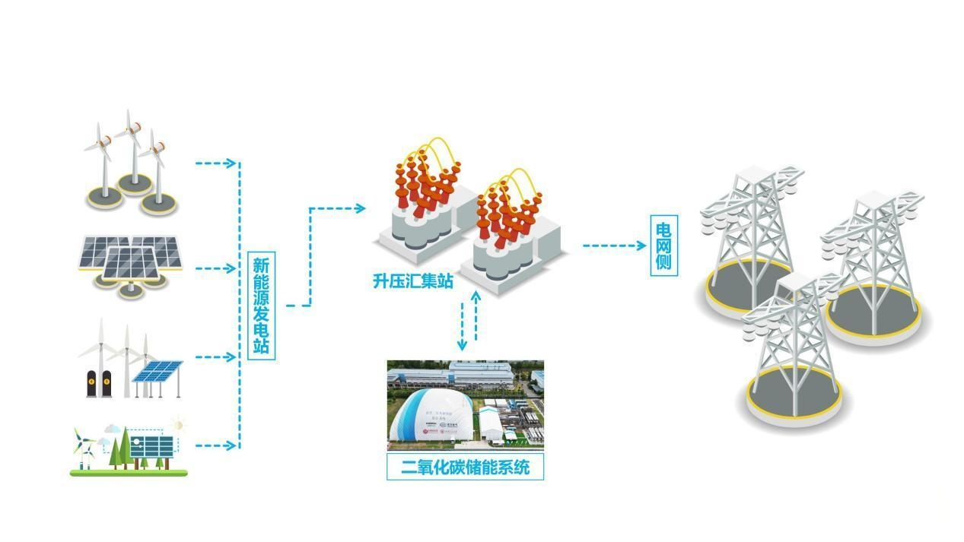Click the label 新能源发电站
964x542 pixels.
click(262, 307)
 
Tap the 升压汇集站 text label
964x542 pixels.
click(412, 281)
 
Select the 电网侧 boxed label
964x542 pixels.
click(663, 246)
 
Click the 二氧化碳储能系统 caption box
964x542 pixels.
click(466, 467)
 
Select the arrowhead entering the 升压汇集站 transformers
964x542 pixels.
click(359, 208)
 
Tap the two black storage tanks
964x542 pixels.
click(100, 384)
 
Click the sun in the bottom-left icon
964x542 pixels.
click(179, 423)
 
